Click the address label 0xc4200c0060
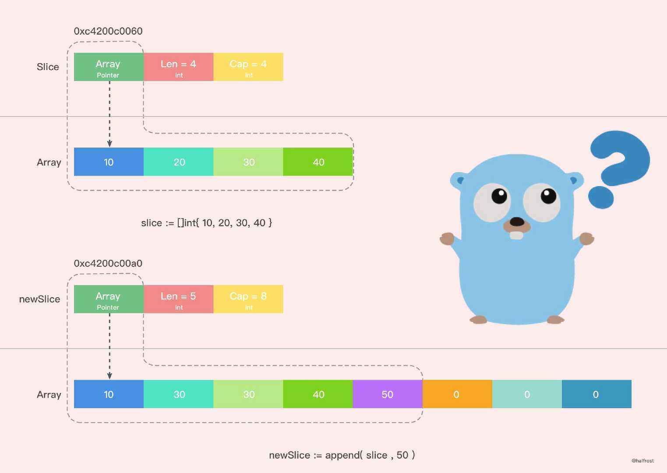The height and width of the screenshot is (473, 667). point(108,31)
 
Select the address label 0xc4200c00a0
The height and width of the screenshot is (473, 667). point(108,263)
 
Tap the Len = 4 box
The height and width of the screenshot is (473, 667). point(178,67)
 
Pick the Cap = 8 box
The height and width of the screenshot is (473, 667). point(248,299)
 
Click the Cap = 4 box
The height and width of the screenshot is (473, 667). point(248,67)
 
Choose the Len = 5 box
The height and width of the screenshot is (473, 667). point(178,299)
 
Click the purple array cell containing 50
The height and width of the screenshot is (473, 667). point(387,394)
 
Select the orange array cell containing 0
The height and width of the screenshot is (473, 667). point(457,394)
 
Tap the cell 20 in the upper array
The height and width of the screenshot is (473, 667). point(179,162)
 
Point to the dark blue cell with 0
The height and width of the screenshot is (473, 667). point(596,394)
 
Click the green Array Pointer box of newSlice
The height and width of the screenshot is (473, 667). point(109,299)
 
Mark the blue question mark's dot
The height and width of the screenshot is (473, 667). point(600,197)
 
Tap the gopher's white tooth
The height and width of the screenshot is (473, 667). point(516,235)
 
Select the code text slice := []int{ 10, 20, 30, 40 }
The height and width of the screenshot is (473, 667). point(206,223)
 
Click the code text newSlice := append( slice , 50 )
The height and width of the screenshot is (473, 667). point(342,455)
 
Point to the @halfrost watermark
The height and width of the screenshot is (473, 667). point(642,461)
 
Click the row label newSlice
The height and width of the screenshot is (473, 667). point(39,299)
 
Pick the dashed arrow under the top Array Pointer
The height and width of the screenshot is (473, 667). point(109,114)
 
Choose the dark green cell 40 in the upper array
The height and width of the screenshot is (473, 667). point(318,162)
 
